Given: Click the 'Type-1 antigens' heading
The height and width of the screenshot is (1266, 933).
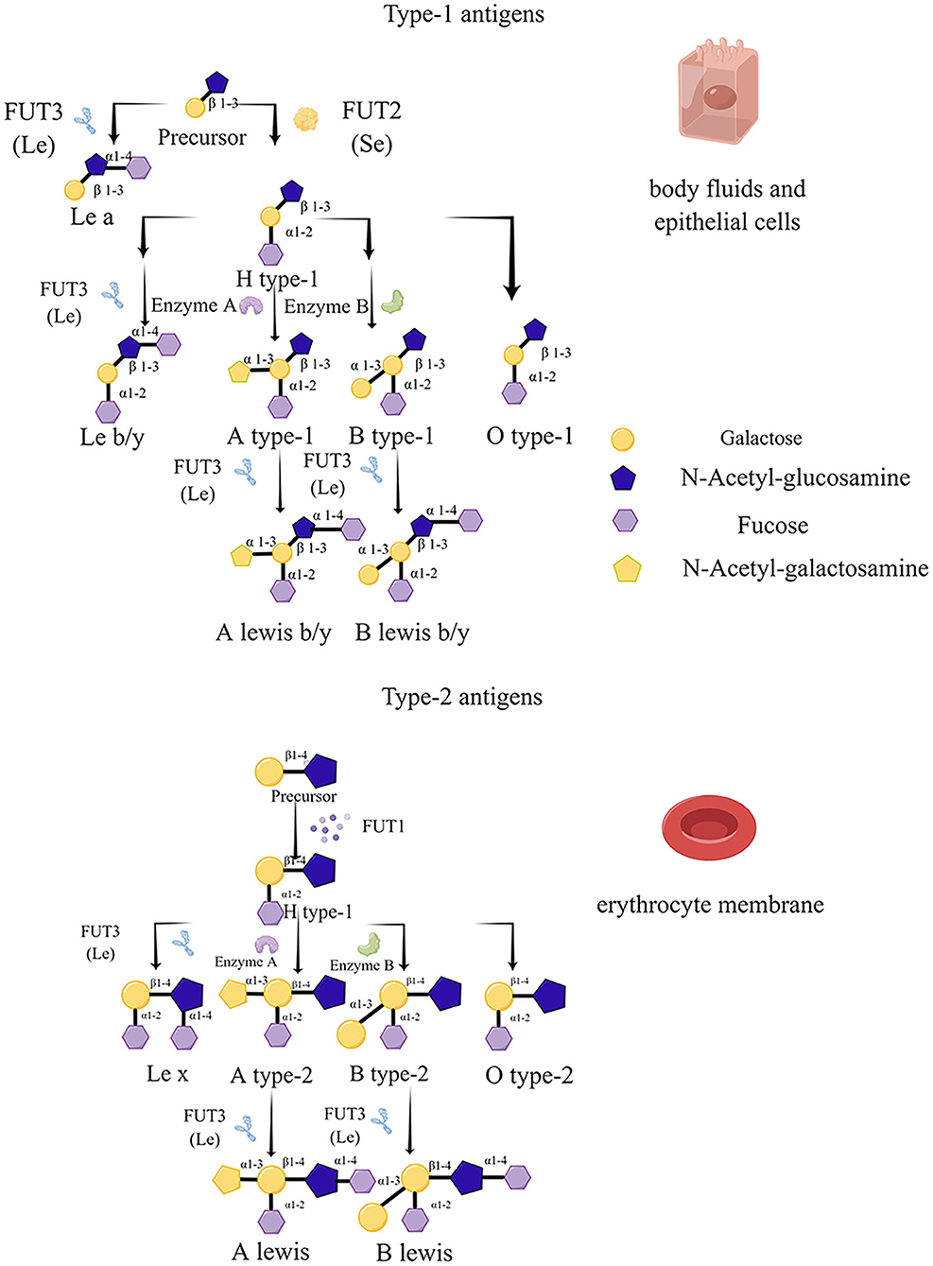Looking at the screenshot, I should (x=463, y=14).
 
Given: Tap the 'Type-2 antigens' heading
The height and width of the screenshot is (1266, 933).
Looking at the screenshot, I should (x=461, y=697).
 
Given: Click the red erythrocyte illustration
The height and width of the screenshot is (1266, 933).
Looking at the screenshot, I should (x=708, y=828).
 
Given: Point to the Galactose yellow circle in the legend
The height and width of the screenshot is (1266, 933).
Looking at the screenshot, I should (x=622, y=439).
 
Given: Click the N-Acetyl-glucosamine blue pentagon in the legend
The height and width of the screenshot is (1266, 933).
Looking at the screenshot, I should (x=623, y=478).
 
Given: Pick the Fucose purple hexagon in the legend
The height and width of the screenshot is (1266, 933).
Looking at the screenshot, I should (x=625, y=521).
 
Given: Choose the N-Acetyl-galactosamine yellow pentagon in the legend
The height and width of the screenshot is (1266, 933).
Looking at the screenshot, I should (x=627, y=569).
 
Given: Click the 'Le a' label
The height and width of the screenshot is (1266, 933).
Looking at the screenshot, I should (x=92, y=217).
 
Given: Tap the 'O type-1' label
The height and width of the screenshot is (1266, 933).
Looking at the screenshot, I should (x=529, y=436).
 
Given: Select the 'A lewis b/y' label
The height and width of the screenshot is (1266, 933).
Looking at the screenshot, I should (x=273, y=633).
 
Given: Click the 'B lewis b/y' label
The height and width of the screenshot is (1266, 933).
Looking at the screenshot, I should (x=412, y=633).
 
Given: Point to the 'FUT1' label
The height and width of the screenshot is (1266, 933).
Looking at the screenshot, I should (x=383, y=826).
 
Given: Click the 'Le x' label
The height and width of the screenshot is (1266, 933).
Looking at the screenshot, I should (x=167, y=1074).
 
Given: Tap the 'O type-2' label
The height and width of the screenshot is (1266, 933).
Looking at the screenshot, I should (x=528, y=1075).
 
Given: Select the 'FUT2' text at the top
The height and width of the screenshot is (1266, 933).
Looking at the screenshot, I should (x=371, y=112).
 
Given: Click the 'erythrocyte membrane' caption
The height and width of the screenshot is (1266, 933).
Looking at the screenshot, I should (x=710, y=905).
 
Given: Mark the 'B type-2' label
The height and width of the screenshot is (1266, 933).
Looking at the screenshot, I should (x=389, y=1074).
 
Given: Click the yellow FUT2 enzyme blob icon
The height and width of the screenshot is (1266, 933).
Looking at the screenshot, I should (x=305, y=118).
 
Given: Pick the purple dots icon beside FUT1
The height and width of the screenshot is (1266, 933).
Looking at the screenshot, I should (x=329, y=826).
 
